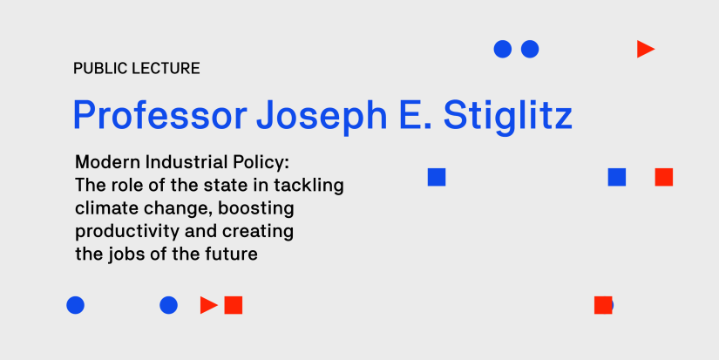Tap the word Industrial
[x=173, y=162]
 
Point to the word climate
[x=104, y=208]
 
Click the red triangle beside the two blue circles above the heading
[x=645, y=50]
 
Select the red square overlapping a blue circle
[x=602, y=305]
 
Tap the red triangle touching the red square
[x=208, y=305]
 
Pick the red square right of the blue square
[x=664, y=177]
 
